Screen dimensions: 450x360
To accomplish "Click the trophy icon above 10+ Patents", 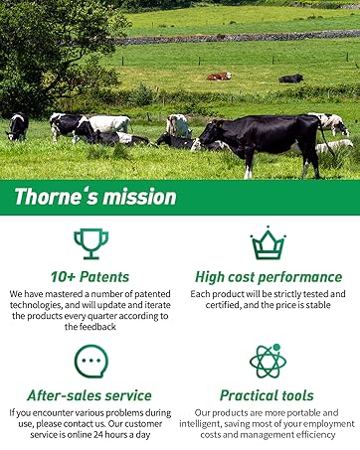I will coord(91,242).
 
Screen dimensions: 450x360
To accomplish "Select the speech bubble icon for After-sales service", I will coord(91,361).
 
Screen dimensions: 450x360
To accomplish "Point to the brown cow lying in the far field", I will coord(219,75).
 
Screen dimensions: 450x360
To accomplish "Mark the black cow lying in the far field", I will coord(290,78).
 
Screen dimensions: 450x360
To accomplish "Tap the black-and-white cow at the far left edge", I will coord(17,126).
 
